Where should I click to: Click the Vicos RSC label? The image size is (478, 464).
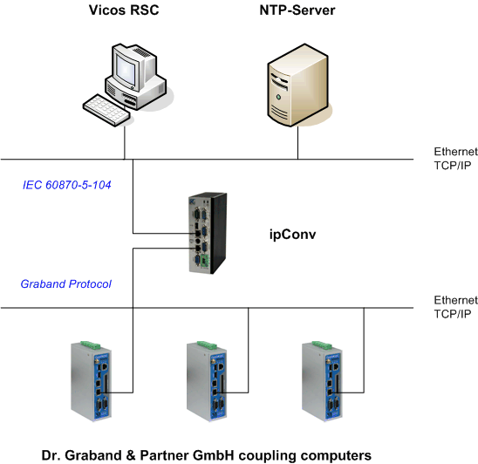124,10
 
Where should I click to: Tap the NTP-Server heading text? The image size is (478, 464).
297,10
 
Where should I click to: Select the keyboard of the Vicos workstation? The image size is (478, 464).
106,110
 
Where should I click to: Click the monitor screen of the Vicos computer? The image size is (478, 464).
125,70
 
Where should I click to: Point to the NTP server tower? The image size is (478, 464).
297,85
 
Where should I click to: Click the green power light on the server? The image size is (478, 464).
278,98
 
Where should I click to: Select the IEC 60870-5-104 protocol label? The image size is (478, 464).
67,185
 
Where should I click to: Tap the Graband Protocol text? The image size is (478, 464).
65,283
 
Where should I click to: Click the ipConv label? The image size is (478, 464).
292,235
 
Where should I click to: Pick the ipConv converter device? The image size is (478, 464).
208,233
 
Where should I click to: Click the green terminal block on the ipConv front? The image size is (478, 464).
204,262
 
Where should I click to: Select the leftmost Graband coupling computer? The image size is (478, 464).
91,381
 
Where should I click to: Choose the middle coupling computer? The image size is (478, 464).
207,381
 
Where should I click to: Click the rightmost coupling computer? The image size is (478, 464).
322,381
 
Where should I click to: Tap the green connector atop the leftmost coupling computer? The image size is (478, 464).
90,345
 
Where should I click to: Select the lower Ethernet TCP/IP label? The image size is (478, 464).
455,307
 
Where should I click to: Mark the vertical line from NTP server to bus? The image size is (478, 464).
297,142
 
